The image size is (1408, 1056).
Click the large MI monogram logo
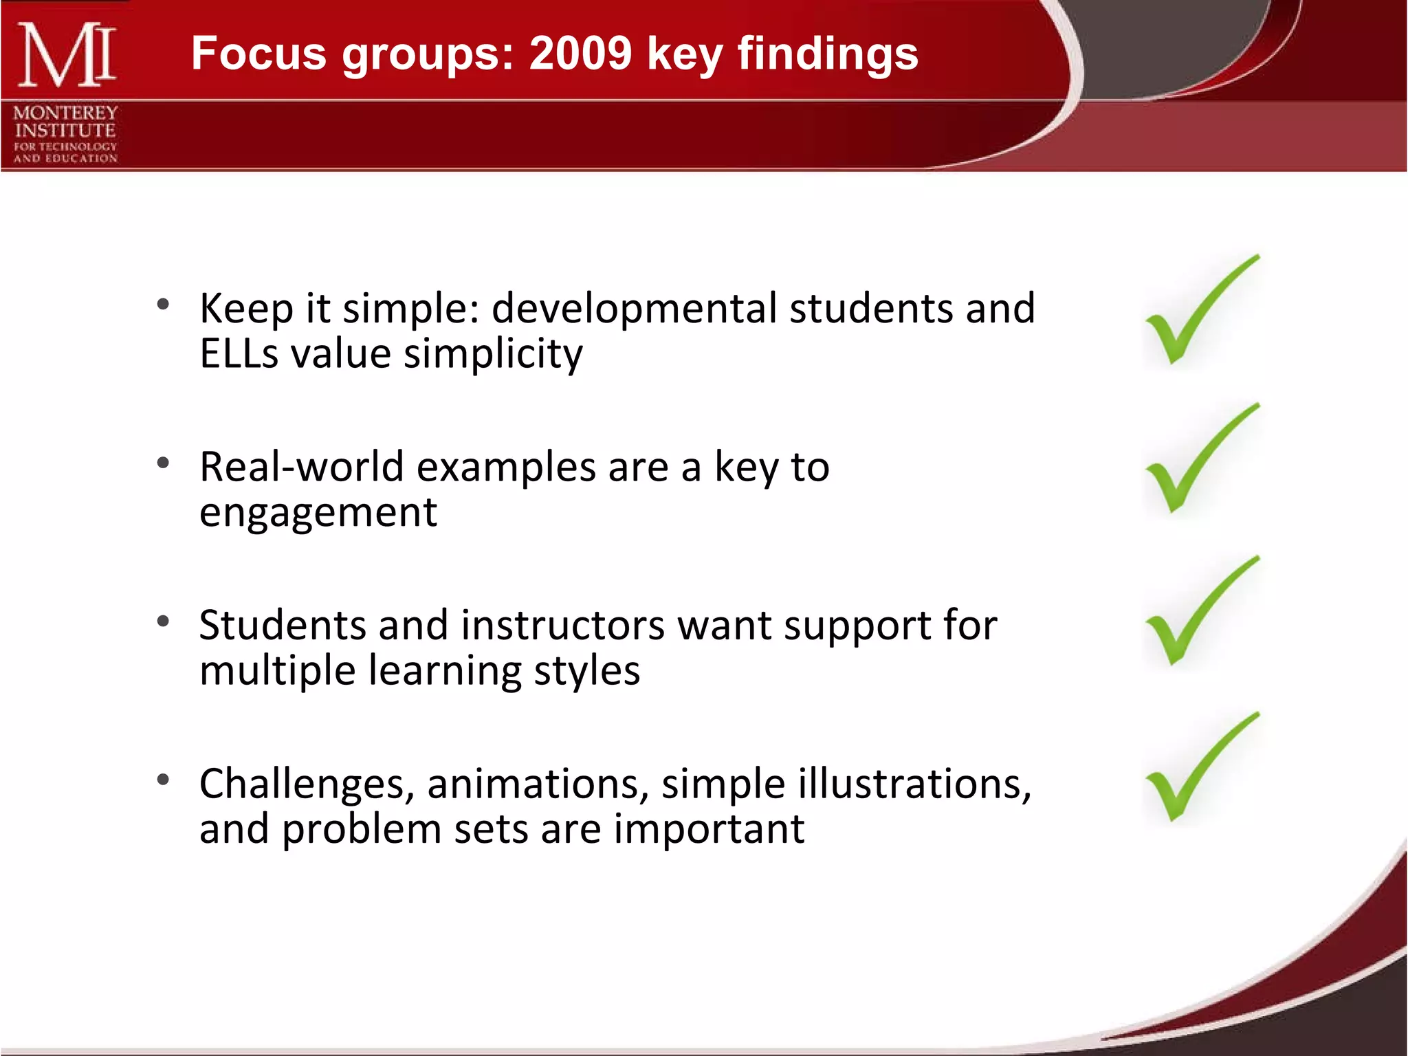point(66,55)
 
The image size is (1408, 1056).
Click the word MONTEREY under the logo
point(65,113)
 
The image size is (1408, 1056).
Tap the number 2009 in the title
point(580,54)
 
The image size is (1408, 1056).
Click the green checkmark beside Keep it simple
point(1200,313)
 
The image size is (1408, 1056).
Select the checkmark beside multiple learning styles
point(1200,614)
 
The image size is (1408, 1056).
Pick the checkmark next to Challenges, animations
point(1200,770)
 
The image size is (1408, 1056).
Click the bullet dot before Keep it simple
point(163,305)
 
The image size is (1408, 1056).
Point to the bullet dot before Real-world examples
point(163,463)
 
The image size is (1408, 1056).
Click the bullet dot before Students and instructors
point(163,621)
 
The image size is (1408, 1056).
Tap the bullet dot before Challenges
point(163,780)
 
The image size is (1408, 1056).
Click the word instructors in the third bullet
point(562,626)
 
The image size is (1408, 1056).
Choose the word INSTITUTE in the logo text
point(65,131)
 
